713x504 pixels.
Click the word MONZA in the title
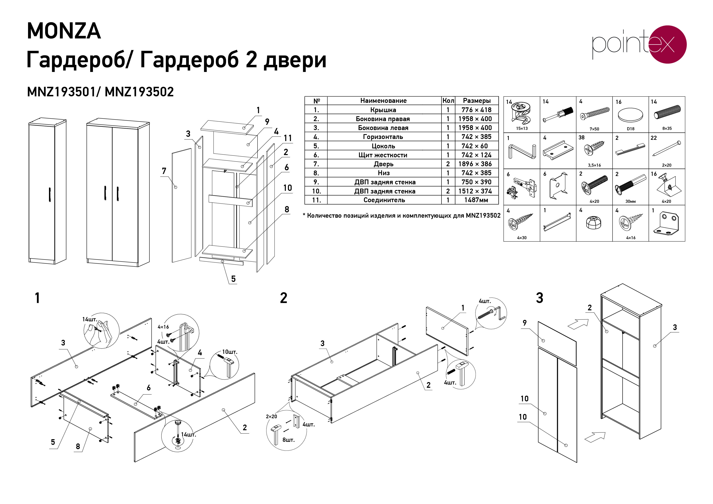click(x=64, y=31)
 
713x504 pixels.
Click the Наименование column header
click(x=383, y=101)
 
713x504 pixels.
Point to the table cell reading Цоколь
click(x=383, y=146)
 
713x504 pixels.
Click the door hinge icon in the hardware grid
click(x=522, y=188)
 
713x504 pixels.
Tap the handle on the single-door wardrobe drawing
click(x=50, y=195)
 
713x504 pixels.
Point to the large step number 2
click(x=284, y=298)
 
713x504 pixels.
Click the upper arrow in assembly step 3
click(x=578, y=324)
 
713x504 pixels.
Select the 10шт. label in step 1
click(x=229, y=352)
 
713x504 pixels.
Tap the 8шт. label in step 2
click(x=288, y=440)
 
